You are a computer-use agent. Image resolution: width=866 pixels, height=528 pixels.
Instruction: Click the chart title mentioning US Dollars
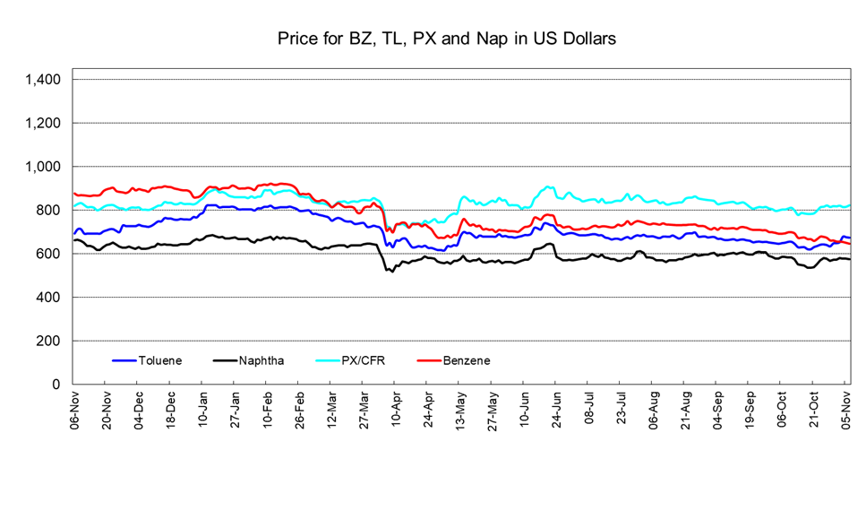click(x=446, y=39)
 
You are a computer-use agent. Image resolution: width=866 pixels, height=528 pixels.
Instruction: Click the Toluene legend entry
click(x=160, y=360)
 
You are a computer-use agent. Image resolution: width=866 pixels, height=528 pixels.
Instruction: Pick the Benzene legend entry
click(x=467, y=360)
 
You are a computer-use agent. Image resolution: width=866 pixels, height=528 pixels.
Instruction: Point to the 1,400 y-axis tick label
click(x=43, y=80)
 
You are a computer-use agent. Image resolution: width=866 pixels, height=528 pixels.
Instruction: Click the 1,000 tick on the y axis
click(x=43, y=167)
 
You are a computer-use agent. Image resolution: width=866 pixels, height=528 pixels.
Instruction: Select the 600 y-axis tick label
click(x=50, y=254)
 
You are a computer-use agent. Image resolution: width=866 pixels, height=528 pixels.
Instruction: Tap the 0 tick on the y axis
click(x=58, y=385)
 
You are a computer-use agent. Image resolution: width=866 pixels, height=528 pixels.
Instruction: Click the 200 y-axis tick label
click(x=50, y=342)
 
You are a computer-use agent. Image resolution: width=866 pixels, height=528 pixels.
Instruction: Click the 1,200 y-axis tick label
click(x=43, y=123)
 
